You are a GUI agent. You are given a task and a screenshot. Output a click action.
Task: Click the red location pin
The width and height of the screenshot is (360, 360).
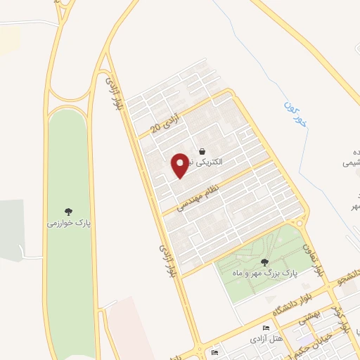click(181, 165)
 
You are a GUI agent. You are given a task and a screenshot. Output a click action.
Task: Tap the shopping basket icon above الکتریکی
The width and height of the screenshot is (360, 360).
click(202, 151)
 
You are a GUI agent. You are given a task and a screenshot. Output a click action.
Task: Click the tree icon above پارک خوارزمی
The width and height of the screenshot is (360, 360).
click(69, 211)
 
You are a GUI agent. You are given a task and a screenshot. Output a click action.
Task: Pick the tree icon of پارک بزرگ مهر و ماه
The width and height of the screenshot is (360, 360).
click(264, 262)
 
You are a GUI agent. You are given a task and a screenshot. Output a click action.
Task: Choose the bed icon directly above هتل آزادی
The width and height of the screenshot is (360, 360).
click(265, 328)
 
